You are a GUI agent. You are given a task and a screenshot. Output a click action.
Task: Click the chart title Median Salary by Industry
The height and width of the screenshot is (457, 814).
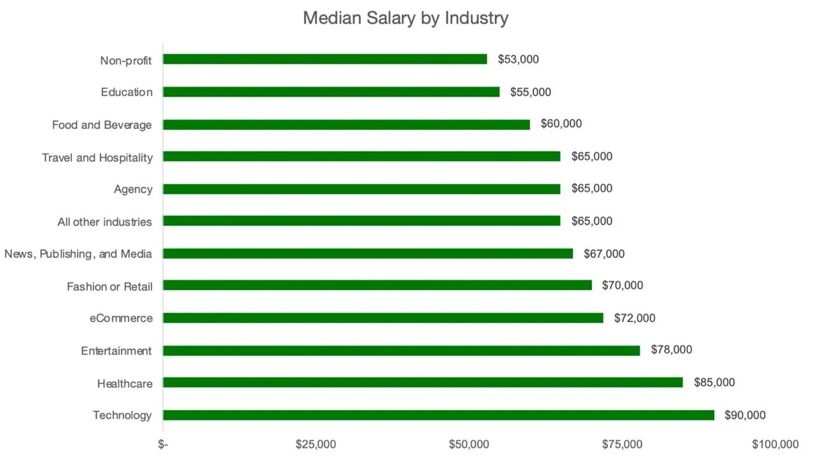pyautogui.click(x=406, y=18)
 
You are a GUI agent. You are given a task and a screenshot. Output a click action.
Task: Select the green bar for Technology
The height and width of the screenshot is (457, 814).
pyautogui.click(x=439, y=415)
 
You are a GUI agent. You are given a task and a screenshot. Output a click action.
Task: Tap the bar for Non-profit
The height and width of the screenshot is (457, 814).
pyautogui.click(x=325, y=59)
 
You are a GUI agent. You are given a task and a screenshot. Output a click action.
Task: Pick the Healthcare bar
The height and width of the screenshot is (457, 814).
pyautogui.click(x=423, y=382)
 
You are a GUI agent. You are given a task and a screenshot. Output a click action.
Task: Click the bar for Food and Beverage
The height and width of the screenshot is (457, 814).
pyautogui.click(x=347, y=125)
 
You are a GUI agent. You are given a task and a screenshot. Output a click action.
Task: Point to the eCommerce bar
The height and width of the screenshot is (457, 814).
pyautogui.click(x=383, y=318)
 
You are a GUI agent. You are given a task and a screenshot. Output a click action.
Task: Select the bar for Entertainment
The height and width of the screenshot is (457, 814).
pyautogui.click(x=401, y=351)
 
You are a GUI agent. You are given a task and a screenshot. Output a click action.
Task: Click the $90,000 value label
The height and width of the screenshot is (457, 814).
pyautogui.click(x=745, y=415)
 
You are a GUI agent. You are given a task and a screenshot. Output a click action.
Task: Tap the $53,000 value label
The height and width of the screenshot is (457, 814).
pyautogui.click(x=518, y=59)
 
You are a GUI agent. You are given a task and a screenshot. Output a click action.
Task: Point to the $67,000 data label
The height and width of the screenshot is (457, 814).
pyautogui.click(x=604, y=254)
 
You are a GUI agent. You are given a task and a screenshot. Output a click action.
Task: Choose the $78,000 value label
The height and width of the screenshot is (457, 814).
pyautogui.click(x=672, y=350)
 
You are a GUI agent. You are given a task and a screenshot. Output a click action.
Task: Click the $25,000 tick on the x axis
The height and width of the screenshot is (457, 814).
pyautogui.click(x=316, y=444)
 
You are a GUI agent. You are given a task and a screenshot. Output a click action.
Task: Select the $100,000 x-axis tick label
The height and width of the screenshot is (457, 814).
pyautogui.click(x=775, y=444)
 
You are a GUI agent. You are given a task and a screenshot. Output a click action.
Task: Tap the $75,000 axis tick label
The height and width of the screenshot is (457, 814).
pyautogui.click(x=622, y=444)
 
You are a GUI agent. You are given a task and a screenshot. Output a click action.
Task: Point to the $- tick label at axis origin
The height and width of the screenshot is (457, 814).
pyautogui.click(x=163, y=444)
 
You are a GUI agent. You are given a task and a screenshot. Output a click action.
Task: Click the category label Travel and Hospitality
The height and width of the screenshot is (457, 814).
pyautogui.click(x=97, y=158)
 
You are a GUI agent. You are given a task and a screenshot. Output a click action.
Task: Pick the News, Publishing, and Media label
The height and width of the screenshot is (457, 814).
pyautogui.click(x=78, y=254)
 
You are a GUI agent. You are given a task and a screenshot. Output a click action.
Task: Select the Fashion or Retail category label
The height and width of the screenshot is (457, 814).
pyautogui.click(x=110, y=287)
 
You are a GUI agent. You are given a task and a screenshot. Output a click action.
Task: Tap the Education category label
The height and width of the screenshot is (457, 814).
pyautogui.click(x=127, y=92)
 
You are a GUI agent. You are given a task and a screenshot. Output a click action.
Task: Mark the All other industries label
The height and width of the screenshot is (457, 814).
pyautogui.click(x=105, y=222)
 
